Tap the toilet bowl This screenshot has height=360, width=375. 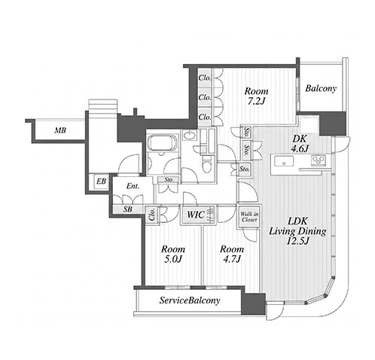click(x=207, y=163)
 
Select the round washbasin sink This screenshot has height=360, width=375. click(x=189, y=136)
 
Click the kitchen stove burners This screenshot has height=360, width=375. click(x=319, y=160)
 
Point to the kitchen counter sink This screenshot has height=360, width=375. click(x=284, y=161)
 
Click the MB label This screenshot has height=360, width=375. click(x=60, y=130)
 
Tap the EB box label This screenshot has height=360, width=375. click(x=102, y=181)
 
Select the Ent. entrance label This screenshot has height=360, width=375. click(x=133, y=186)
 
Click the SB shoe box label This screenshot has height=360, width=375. click(x=128, y=209)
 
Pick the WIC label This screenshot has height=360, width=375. click(x=196, y=215)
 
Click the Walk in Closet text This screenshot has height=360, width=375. click(x=249, y=217)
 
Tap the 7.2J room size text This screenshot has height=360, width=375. click(x=257, y=101)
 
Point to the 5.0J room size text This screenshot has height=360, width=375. click(x=173, y=259)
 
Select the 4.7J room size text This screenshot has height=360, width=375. click(x=232, y=259)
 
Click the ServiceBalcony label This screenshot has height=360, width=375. click(x=190, y=301)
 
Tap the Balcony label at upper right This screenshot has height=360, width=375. click(x=321, y=88)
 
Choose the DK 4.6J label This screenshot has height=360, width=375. click(x=300, y=144)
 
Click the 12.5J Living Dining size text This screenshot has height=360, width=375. click(x=297, y=241)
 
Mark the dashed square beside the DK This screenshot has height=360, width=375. click(x=309, y=125)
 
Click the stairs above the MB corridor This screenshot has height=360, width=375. click(x=102, y=105)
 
